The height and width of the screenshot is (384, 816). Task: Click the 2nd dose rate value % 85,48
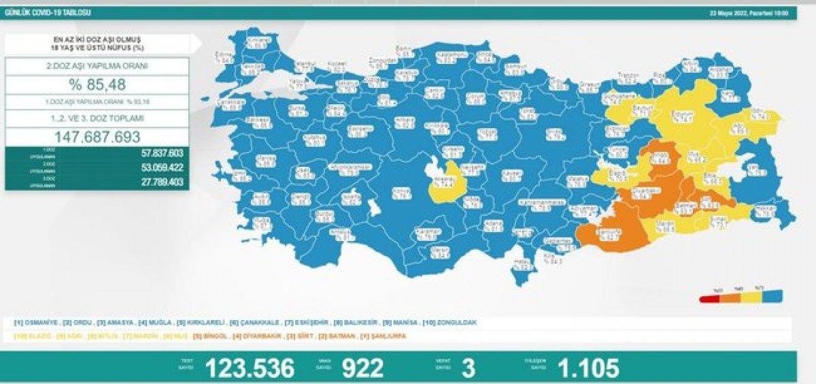click(97, 85)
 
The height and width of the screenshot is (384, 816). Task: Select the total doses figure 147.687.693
click(97, 136)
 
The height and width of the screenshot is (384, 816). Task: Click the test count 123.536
click(250, 368)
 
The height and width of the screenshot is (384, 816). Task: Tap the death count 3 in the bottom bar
click(467, 368)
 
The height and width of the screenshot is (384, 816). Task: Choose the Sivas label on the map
click(554, 132)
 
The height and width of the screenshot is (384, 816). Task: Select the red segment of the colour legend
click(709, 298)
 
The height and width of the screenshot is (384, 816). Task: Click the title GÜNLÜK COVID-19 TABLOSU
click(46, 13)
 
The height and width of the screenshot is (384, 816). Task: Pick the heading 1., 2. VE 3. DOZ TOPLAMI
click(97, 118)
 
